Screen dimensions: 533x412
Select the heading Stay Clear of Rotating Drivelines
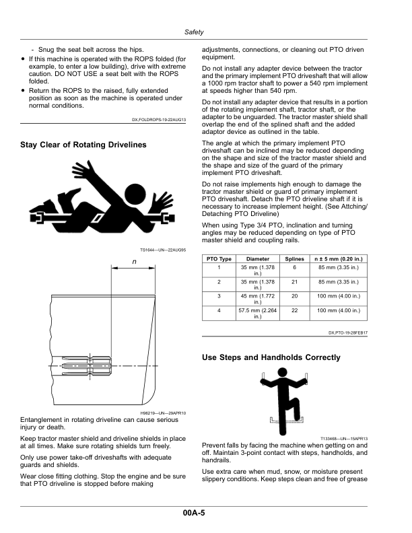pos(83,145)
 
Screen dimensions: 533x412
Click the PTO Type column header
pos(219,258)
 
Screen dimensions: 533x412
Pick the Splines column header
pos(295,258)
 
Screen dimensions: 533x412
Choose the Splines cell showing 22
pos(295,310)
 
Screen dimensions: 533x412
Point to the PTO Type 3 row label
pos(219,295)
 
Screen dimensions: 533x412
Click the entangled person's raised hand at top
pos(86,173)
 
